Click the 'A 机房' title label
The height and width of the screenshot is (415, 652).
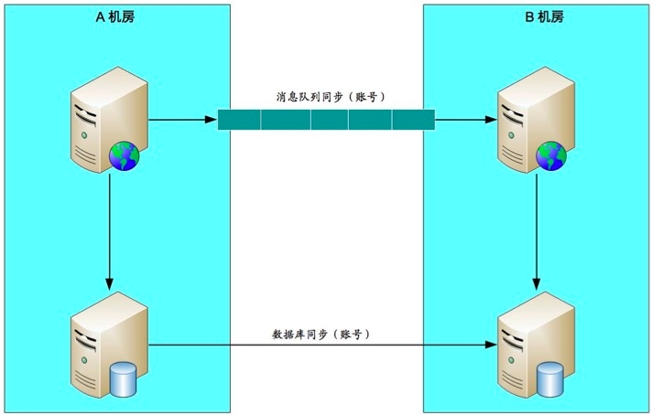[x=115, y=16]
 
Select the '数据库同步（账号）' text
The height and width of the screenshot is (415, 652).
[x=321, y=334]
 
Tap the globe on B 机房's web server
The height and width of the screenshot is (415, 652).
[x=551, y=155]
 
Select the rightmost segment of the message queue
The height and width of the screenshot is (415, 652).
[x=413, y=120]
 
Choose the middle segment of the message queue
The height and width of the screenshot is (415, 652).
[x=327, y=120]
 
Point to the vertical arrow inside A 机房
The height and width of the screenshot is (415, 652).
[x=109, y=229]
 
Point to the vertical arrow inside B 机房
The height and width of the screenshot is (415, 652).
[x=536, y=229]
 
